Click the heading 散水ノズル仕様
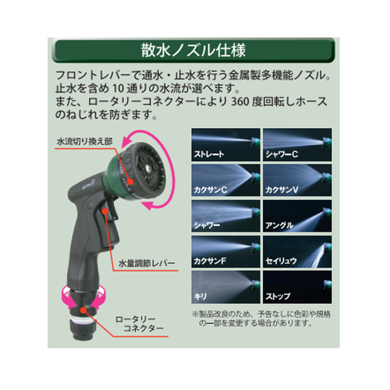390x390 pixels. click(193, 50)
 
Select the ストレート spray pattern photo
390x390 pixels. click(225, 144)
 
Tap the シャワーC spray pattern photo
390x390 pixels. click(297, 144)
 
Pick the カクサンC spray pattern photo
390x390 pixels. click(225, 180)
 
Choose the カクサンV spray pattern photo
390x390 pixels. click(297, 180)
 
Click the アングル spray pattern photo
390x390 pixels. click(297, 216)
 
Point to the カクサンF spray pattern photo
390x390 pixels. click(225, 251)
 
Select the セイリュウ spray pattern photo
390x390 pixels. click(297, 251)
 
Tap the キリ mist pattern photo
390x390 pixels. click(225, 287)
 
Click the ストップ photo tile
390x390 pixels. click(297, 287)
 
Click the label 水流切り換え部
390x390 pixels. click(84, 142)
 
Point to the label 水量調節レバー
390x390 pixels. click(147, 264)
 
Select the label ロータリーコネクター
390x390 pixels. click(139, 324)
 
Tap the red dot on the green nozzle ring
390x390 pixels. click(130, 181)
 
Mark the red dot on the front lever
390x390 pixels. click(105, 211)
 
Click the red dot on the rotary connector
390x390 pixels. click(83, 310)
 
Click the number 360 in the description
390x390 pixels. click(240, 101)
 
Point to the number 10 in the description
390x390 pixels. click(118, 89)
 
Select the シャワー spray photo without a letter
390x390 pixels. click(225, 216)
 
